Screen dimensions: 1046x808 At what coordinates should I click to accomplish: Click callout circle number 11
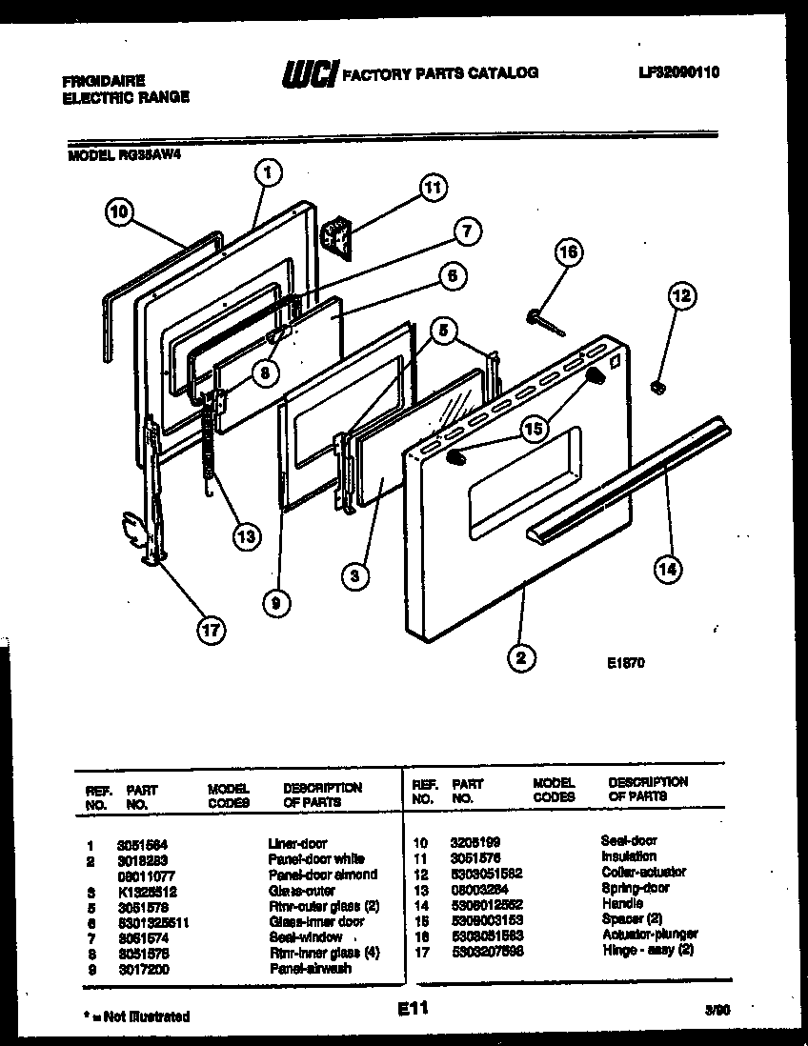pos(434,189)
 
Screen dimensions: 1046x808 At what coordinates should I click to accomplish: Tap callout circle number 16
pos(568,252)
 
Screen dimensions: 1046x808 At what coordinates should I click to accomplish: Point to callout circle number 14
pos(670,569)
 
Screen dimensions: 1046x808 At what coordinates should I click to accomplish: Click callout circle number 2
pos(522,655)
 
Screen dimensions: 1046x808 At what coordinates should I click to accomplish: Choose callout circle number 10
pos(118,214)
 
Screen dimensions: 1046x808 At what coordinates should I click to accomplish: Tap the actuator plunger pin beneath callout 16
pos(545,322)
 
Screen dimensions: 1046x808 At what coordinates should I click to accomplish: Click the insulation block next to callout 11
pos(335,234)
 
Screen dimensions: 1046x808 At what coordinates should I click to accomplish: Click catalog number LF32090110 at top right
pos(673,70)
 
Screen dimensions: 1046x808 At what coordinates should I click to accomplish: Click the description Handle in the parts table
pos(622,903)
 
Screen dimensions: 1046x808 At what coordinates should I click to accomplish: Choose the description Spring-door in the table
pos(636,888)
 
